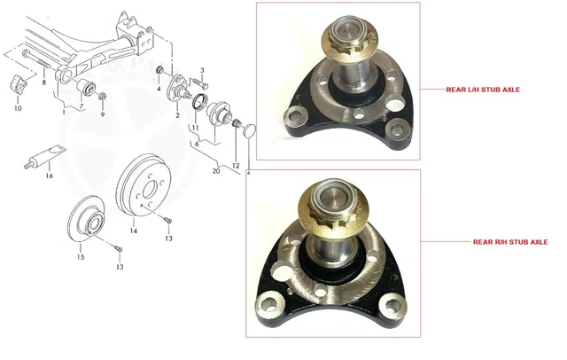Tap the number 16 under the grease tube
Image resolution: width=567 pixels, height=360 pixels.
click(50, 176)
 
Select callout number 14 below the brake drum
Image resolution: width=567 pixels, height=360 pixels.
click(134, 231)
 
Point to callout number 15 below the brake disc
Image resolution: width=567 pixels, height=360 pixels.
click(80, 257)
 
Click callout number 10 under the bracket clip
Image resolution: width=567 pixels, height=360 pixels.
click(18, 109)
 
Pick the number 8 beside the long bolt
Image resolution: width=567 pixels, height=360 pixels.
click(44, 82)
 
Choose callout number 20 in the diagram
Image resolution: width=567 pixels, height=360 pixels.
click(217, 171)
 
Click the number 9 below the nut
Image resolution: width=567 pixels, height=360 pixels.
click(103, 114)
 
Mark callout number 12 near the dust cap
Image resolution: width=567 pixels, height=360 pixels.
click(236, 166)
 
